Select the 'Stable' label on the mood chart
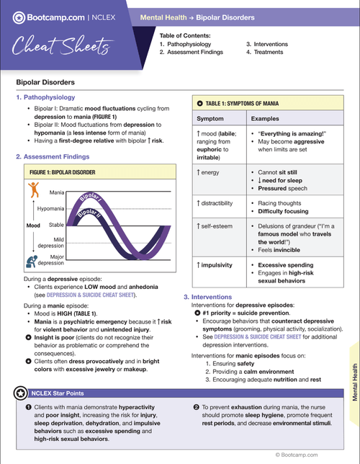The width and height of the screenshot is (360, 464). (55, 226)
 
